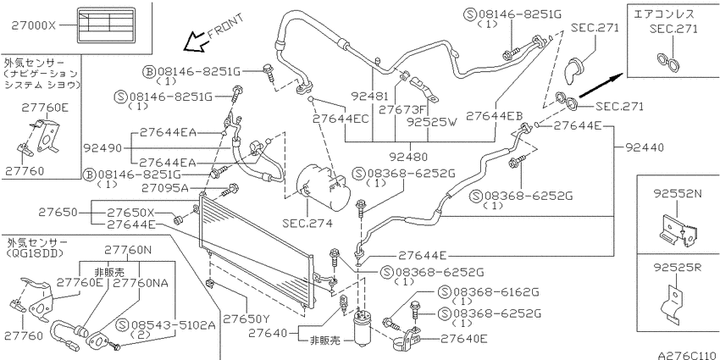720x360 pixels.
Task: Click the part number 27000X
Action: [x=32, y=26]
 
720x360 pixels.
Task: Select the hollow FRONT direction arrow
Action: [x=195, y=42]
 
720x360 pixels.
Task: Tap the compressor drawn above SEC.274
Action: [x=323, y=188]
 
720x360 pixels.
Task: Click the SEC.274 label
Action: [x=307, y=224]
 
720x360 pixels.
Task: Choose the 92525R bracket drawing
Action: [x=674, y=303]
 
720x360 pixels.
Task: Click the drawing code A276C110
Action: [x=687, y=355]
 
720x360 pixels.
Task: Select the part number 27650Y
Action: [x=246, y=318]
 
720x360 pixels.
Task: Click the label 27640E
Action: [x=464, y=339]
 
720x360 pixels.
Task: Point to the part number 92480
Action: [x=408, y=157]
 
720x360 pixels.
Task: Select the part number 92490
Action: [x=102, y=148]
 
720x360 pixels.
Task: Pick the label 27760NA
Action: [x=141, y=282]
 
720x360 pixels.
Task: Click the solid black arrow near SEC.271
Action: [x=601, y=86]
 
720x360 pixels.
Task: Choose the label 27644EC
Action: [x=341, y=119]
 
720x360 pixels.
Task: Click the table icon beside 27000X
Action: [x=107, y=25]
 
